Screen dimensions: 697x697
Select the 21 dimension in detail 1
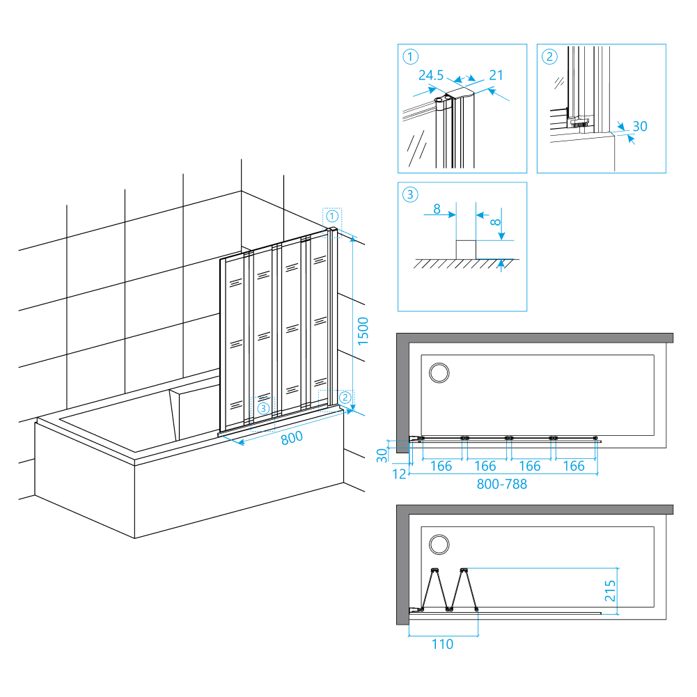pyautogui.click(x=496, y=75)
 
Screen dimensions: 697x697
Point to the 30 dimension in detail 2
pyautogui.click(x=639, y=126)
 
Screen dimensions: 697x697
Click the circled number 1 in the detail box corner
pyautogui.click(x=411, y=57)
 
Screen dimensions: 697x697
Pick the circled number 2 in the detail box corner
pyautogui.click(x=550, y=57)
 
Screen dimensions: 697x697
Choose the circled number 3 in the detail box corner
pyautogui.click(x=411, y=195)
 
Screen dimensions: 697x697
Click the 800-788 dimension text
pyautogui.click(x=502, y=484)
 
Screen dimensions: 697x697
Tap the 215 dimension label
pyautogui.click(x=609, y=591)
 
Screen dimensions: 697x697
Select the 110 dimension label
pyautogui.click(x=441, y=644)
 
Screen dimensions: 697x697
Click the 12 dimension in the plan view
pyautogui.click(x=400, y=474)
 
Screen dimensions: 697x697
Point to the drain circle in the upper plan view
pyautogui.click(x=439, y=373)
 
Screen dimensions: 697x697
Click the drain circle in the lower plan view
pyautogui.click(x=439, y=544)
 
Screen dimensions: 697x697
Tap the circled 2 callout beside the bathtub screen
pyautogui.click(x=345, y=398)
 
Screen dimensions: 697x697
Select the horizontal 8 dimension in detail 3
pyautogui.click(x=436, y=207)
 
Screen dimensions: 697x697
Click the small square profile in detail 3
pyautogui.click(x=466, y=249)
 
